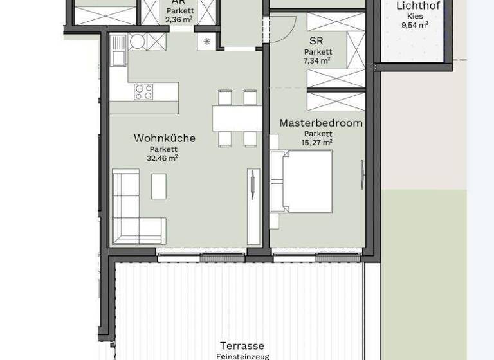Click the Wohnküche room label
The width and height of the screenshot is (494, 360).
point(164,138)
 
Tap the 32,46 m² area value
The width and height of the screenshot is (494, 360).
point(162,157)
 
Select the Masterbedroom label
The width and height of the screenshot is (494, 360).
point(320,123)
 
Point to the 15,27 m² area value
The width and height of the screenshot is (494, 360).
point(316,142)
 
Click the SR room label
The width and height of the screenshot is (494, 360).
point(316,41)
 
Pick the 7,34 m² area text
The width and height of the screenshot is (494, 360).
point(316,60)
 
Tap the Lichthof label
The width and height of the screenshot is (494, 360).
point(418,6)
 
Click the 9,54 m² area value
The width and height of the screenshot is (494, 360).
point(415,25)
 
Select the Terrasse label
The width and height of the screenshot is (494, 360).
point(242,346)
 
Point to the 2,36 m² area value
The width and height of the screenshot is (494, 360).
point(179,20)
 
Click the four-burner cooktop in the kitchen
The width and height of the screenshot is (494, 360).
point(143,92)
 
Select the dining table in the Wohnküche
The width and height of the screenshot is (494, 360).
point(237,118)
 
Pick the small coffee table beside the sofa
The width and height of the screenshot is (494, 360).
point(159,186)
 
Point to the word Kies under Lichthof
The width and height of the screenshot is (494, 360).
point(415,16)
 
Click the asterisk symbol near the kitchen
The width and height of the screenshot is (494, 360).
point(206,42)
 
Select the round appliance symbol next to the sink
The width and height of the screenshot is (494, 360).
point(137,42)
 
